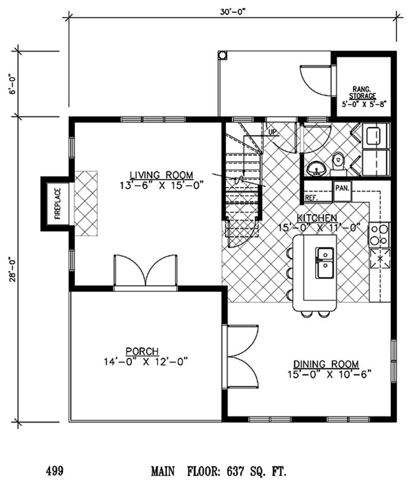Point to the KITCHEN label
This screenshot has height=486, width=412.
click(316, 217)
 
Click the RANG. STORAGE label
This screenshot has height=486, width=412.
click(363, 92)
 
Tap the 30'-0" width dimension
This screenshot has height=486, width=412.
click(233, 9)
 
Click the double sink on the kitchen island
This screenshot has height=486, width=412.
click(324, 263)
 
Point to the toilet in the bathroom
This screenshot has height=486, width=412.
click(338, 160)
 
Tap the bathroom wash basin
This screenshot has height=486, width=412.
click(315, 167)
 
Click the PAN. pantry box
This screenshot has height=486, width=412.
click(342, 188)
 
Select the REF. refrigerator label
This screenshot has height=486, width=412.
click(311, 198)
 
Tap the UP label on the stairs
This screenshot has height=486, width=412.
click(272, 132)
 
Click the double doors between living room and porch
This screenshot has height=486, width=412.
click(147, 271)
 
